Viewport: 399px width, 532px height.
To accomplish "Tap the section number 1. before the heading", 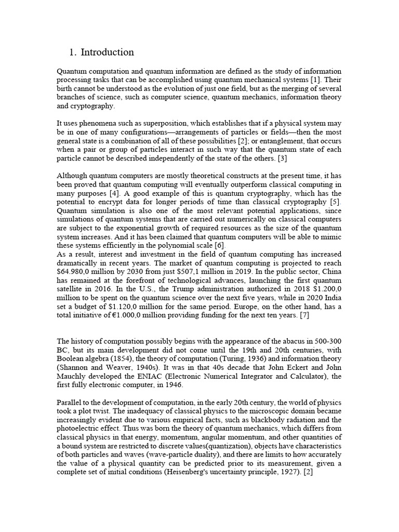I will coord(73,52).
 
